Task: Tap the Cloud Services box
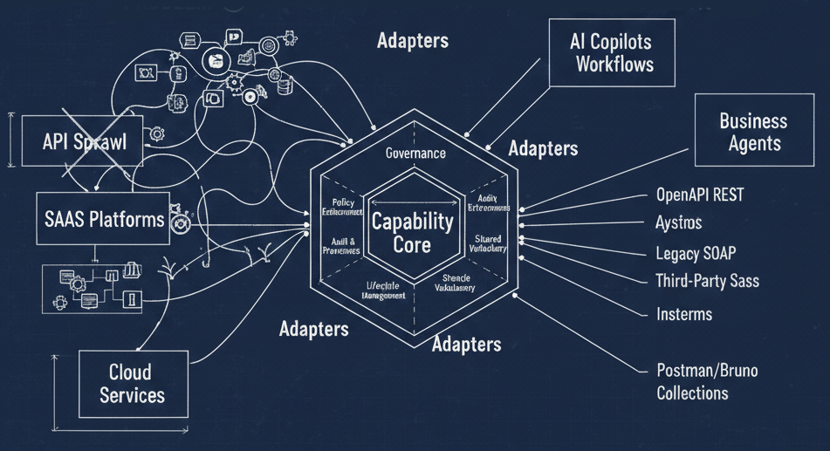point(132,384)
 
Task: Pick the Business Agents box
point(752,132)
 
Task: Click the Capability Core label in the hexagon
point(413,233)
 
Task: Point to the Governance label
point(415,154)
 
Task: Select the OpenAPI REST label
point(700,195)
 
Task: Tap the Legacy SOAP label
point(696,254)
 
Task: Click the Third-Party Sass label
point(707,281)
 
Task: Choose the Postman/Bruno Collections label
point(706,381)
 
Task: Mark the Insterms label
point(684,314)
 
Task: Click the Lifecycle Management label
point(383,290)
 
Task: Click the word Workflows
point(614,65)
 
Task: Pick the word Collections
point(692,393)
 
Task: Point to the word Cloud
point(130,372)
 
